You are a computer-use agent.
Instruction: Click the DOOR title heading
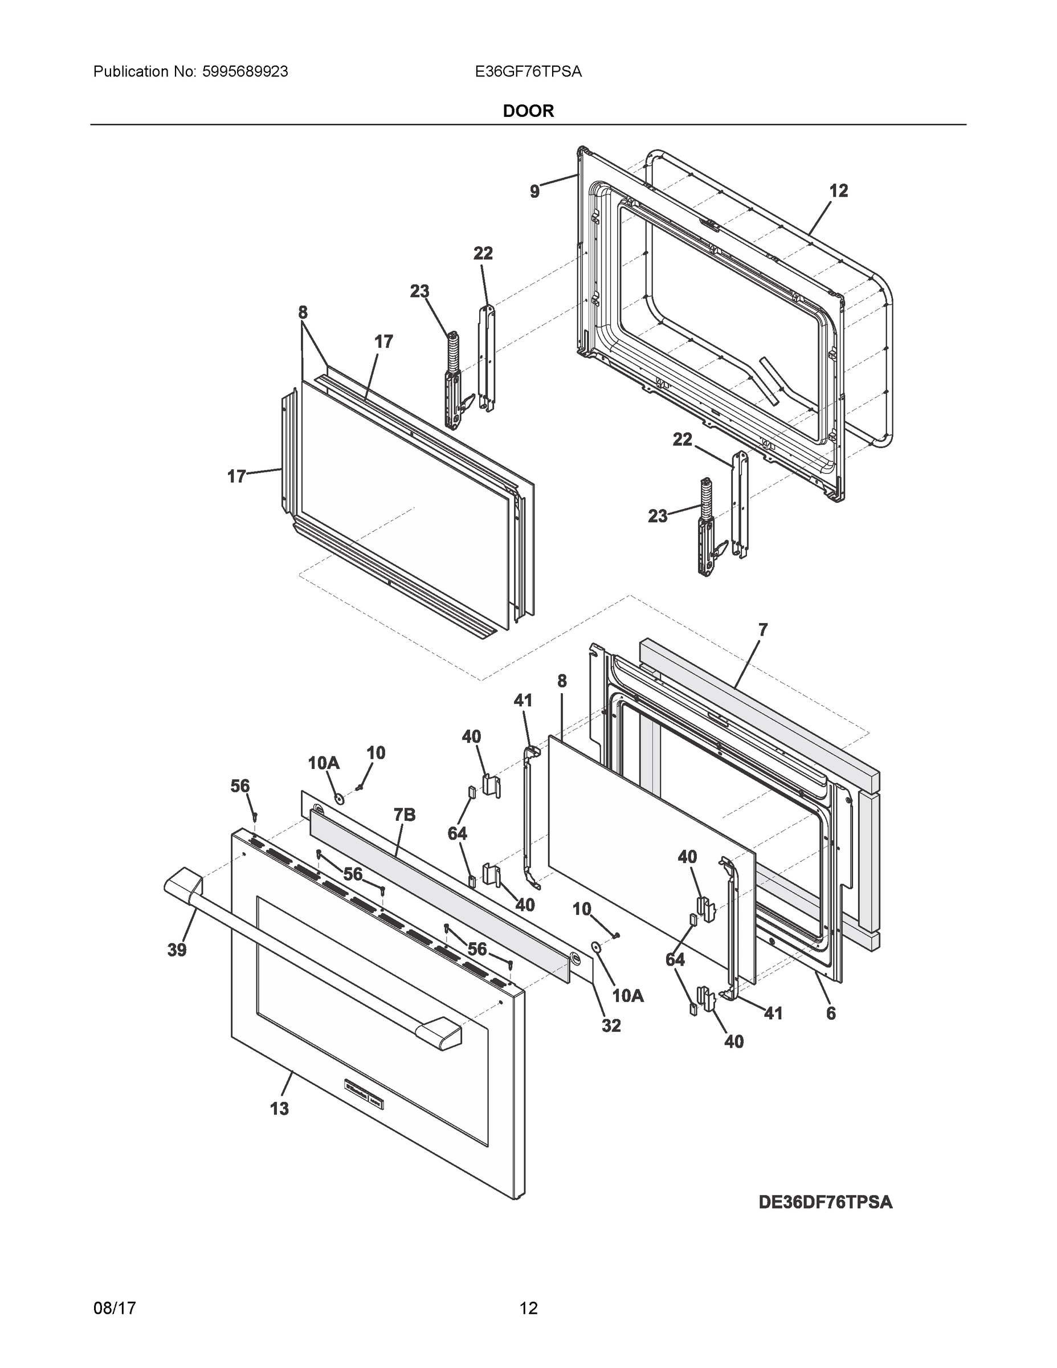(x=528, y=111)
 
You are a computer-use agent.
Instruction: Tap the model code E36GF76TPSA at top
(x=528, y=72)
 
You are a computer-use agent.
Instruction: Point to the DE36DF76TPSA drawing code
(x=825, y=1202)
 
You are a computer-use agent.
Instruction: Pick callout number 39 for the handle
(x=177, y=950)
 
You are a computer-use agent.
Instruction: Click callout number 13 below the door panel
(x=279, y=1109)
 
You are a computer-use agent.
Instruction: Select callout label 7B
(x=405, y=815)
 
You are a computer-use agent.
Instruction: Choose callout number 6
(x=831, y=1013)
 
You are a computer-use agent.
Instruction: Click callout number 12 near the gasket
(x=838, y=191)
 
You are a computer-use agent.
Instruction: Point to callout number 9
(x=534, y=192)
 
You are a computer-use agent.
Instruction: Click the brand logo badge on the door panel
(x=365, y=1093)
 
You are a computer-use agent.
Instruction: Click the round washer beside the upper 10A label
(x=339, y=799)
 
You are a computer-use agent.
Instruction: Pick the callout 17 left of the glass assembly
(x=235, y=477)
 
